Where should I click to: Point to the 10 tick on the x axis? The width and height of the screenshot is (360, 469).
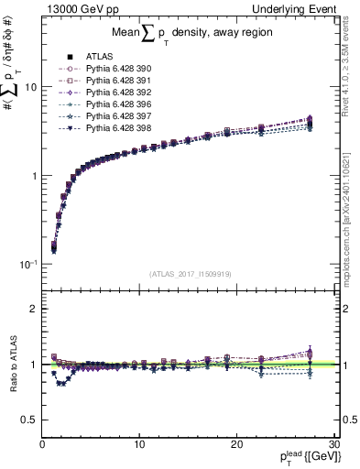pyautogui.click(x=139, y=444)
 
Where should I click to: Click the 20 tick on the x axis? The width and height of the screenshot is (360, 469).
pyautogui.click(x=236, y=444)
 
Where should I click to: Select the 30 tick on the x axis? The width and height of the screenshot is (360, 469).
pyautogui.click(x=333, y=444)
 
